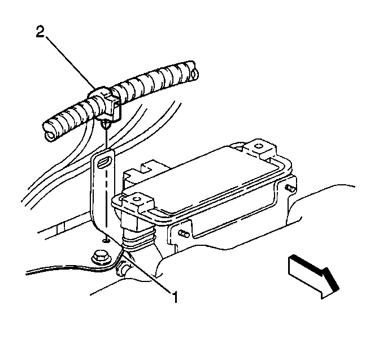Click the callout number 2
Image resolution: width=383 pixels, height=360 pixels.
40,32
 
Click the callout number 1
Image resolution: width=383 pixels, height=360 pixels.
175,297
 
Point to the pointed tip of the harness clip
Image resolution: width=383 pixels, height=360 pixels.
106,129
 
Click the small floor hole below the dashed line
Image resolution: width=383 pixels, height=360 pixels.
106,241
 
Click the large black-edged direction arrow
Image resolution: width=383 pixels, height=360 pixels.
314,276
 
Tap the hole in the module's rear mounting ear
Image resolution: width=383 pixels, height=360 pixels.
258,146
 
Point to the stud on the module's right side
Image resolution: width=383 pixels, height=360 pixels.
290,188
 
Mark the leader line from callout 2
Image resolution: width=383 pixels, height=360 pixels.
70,62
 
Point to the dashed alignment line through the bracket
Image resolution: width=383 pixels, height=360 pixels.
106,195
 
